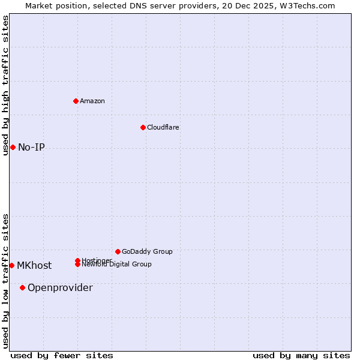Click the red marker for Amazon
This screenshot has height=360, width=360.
pos(76,101)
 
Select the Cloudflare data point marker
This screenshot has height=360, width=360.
pos(143,127)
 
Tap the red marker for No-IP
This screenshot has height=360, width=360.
pos(13,147)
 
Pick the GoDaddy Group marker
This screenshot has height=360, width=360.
pos(118,251)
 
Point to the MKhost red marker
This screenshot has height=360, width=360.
pos(11,265)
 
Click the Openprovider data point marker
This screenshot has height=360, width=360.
pos(22,287)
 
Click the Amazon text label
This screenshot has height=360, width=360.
pos(92,101)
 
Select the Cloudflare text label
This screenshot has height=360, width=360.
pos(163,127)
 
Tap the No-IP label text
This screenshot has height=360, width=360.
pos(31,147)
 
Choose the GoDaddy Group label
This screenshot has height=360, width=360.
pos(147,251)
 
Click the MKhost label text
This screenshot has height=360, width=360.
pos(34,265)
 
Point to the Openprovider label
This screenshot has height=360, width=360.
pos(60,287)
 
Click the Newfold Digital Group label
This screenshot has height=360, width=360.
pos(116,265)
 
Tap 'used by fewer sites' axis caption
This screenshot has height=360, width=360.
pos(62,355)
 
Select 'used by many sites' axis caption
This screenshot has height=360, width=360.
pos(301,355)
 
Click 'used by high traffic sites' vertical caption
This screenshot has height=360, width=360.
pos(5,85)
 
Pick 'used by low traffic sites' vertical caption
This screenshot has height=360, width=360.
pos(5,281)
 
